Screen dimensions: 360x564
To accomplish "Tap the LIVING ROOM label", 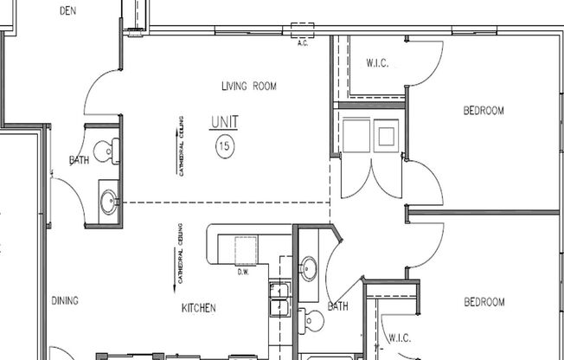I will pos(247,86).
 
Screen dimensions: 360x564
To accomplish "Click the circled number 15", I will pos(224,145).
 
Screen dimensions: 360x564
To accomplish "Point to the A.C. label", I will pos(303,41).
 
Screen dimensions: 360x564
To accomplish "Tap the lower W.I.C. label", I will pos(399,337).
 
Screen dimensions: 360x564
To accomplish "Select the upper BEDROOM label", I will pos(484,111).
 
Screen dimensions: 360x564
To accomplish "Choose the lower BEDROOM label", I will pos(484,302).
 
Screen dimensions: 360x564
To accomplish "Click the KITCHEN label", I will pos(198,308).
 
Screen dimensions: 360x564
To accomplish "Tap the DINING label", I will pos(65,301).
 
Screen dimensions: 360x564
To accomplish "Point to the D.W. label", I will pos(243,272).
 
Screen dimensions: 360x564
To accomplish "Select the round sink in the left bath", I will pos(108,202).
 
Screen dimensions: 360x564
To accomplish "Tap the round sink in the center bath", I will pos(309,268).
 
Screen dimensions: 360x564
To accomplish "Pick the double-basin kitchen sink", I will pos(279,299).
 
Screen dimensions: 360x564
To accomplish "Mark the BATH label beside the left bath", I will pos(79,161).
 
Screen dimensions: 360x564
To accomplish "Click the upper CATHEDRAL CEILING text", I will pos(181,146).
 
